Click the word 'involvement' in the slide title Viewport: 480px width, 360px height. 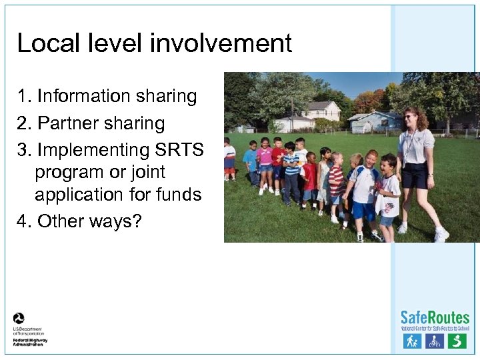click(x=221, y=44)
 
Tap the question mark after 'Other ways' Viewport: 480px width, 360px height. click(x=137, y=221)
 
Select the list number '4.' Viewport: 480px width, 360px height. click(x=25, y=221)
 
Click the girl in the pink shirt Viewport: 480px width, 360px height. click(x=265, y=160)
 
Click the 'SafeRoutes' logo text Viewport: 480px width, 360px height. click(x=435, y=317)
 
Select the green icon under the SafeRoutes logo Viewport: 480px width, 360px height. click(x=457, y=341)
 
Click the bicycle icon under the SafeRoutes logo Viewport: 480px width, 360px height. click(x=435, y=341)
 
